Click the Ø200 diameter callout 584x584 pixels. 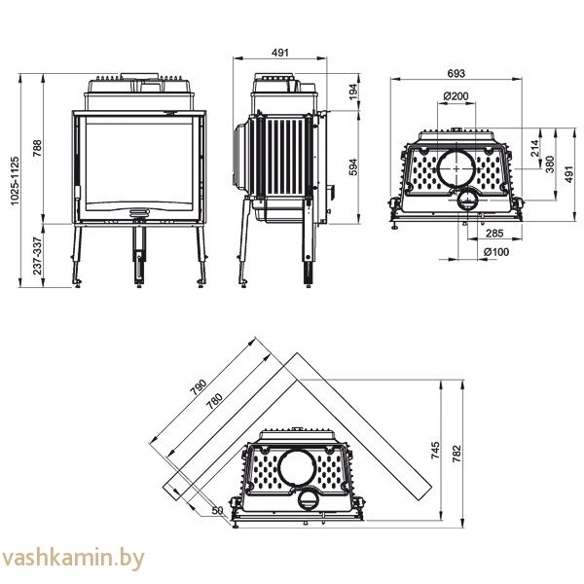pyautogui.click(x=455, y=95)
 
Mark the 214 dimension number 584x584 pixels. pyautogui.click(x=533, y=149)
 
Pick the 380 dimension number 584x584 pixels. pyautogui.click(x=550, y=163)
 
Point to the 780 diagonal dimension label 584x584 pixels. pyautogui.click(x=213, y=398)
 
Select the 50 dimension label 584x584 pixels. pyautogui.click(x=216, y=510)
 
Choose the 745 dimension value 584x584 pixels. pyautogui.click(x=436, y=450)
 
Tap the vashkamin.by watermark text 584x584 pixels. pyautogui.click(x=74, y=559)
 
